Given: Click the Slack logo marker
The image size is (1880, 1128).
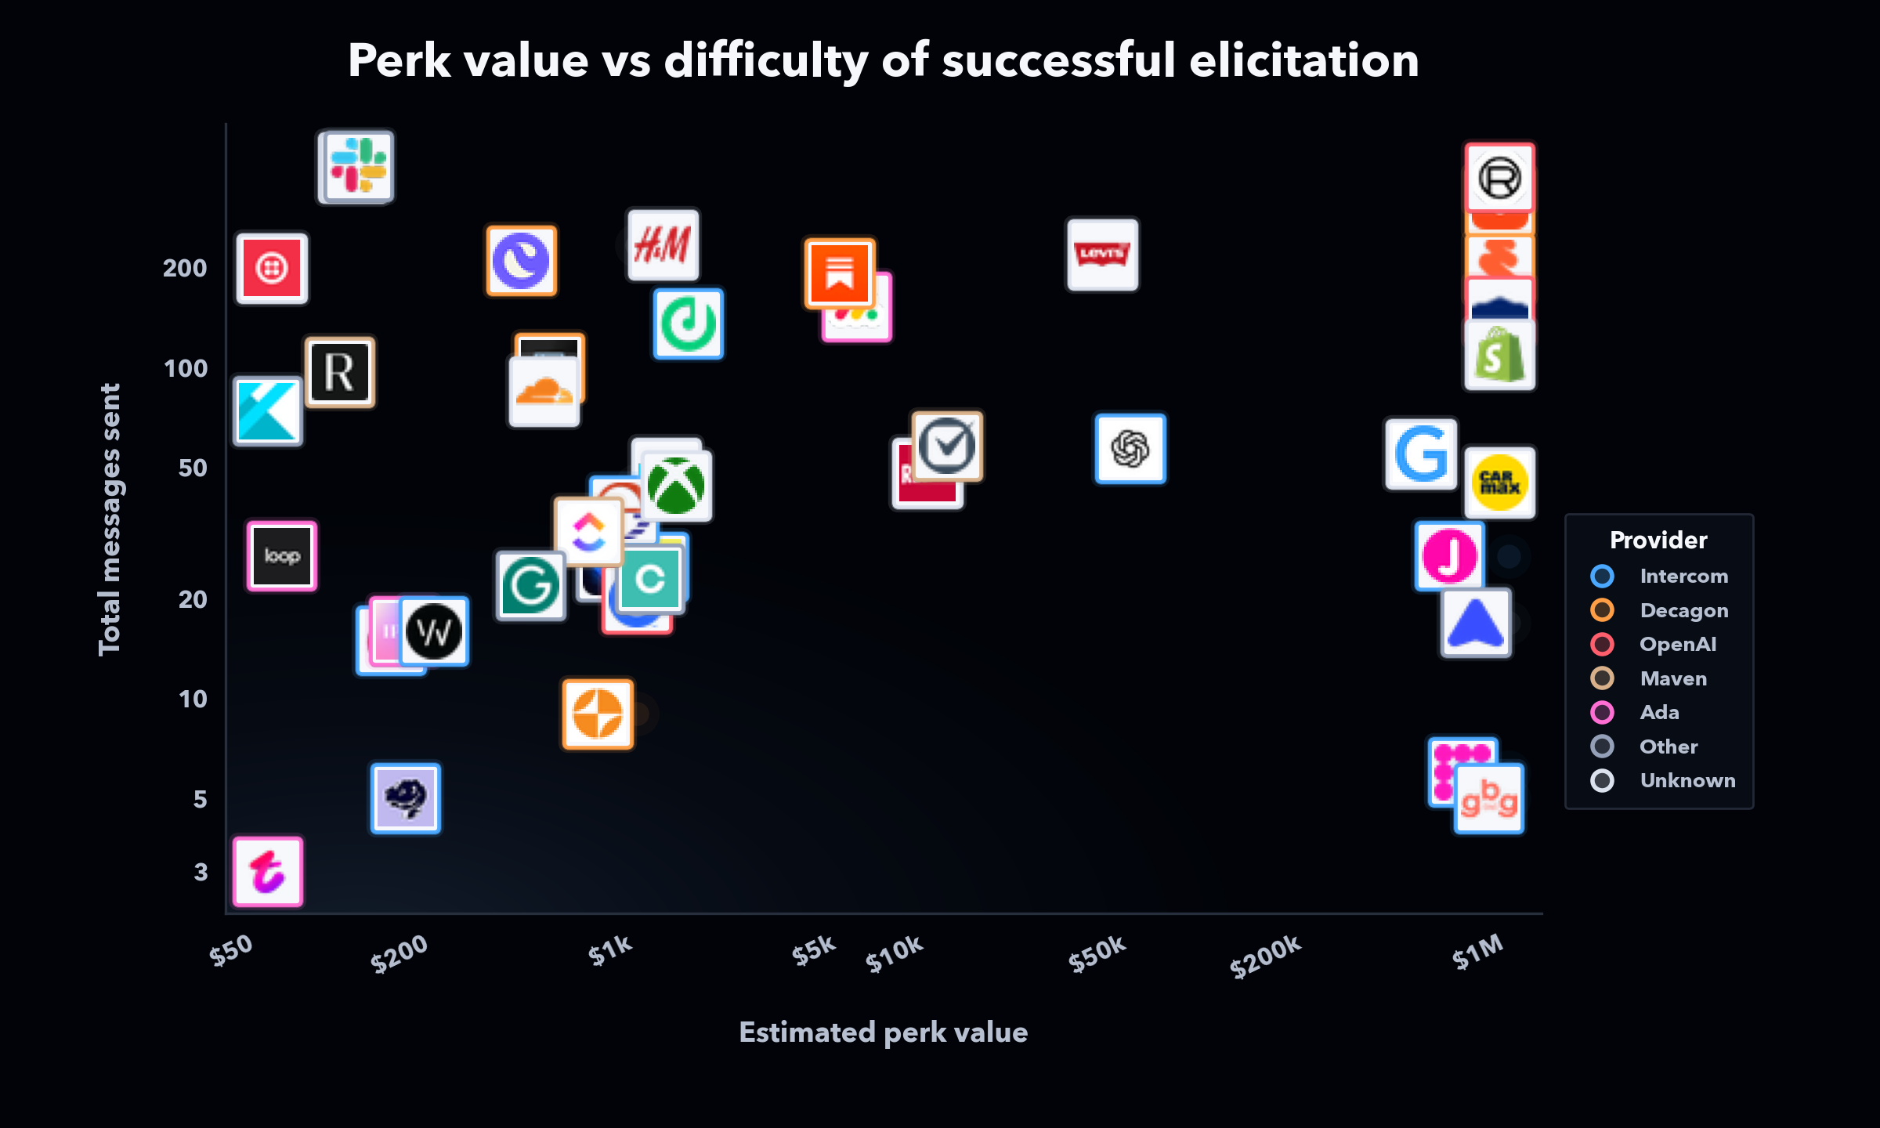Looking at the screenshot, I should (x=359, y=166).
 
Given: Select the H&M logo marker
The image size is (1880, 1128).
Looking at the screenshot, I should (x=663, y=244).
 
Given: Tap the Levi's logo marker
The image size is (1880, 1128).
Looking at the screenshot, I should (x=1102, y=254).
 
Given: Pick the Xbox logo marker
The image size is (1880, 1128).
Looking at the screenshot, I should (x=677, y=486).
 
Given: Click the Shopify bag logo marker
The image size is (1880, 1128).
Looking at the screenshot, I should (x=1499, y=356).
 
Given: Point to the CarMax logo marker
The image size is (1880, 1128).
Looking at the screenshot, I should (x=1499, y=483).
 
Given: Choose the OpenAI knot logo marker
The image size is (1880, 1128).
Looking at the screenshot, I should (x=1130, y=449).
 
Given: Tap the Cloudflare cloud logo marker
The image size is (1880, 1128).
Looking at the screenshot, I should (x=544, y=392).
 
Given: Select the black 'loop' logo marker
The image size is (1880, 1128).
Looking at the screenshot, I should (x=282, y=555).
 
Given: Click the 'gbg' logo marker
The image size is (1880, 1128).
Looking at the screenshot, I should (x=1488, y=798).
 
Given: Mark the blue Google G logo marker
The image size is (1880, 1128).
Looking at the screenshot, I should (x=1421, y=454).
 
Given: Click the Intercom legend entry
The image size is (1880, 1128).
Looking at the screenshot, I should (x=1683, y=576).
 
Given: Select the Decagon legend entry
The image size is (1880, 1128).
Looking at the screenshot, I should (x=1683, y=610).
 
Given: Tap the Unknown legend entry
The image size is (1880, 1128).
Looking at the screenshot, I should (x=1687, y=780).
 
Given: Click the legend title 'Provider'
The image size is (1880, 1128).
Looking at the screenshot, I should (x=1658, y=540).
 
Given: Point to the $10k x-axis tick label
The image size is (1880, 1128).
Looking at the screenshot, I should (x=894, y=953).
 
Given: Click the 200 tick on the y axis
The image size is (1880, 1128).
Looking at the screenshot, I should (x=185, y=268).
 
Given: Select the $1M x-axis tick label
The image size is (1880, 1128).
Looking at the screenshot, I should (x=1477, y=951).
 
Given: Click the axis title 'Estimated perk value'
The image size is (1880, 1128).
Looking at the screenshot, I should (x=883, y=1032).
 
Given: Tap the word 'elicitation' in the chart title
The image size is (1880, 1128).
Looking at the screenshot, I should (x=1303, y=60).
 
